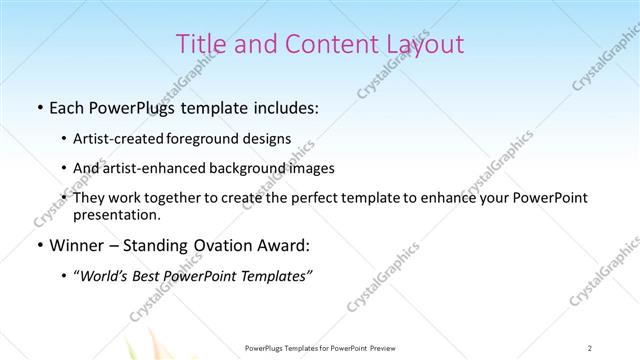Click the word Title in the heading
coord(200,44)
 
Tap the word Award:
coord(284,245)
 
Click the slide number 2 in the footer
coord(590,347)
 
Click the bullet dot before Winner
coord(38,245)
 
